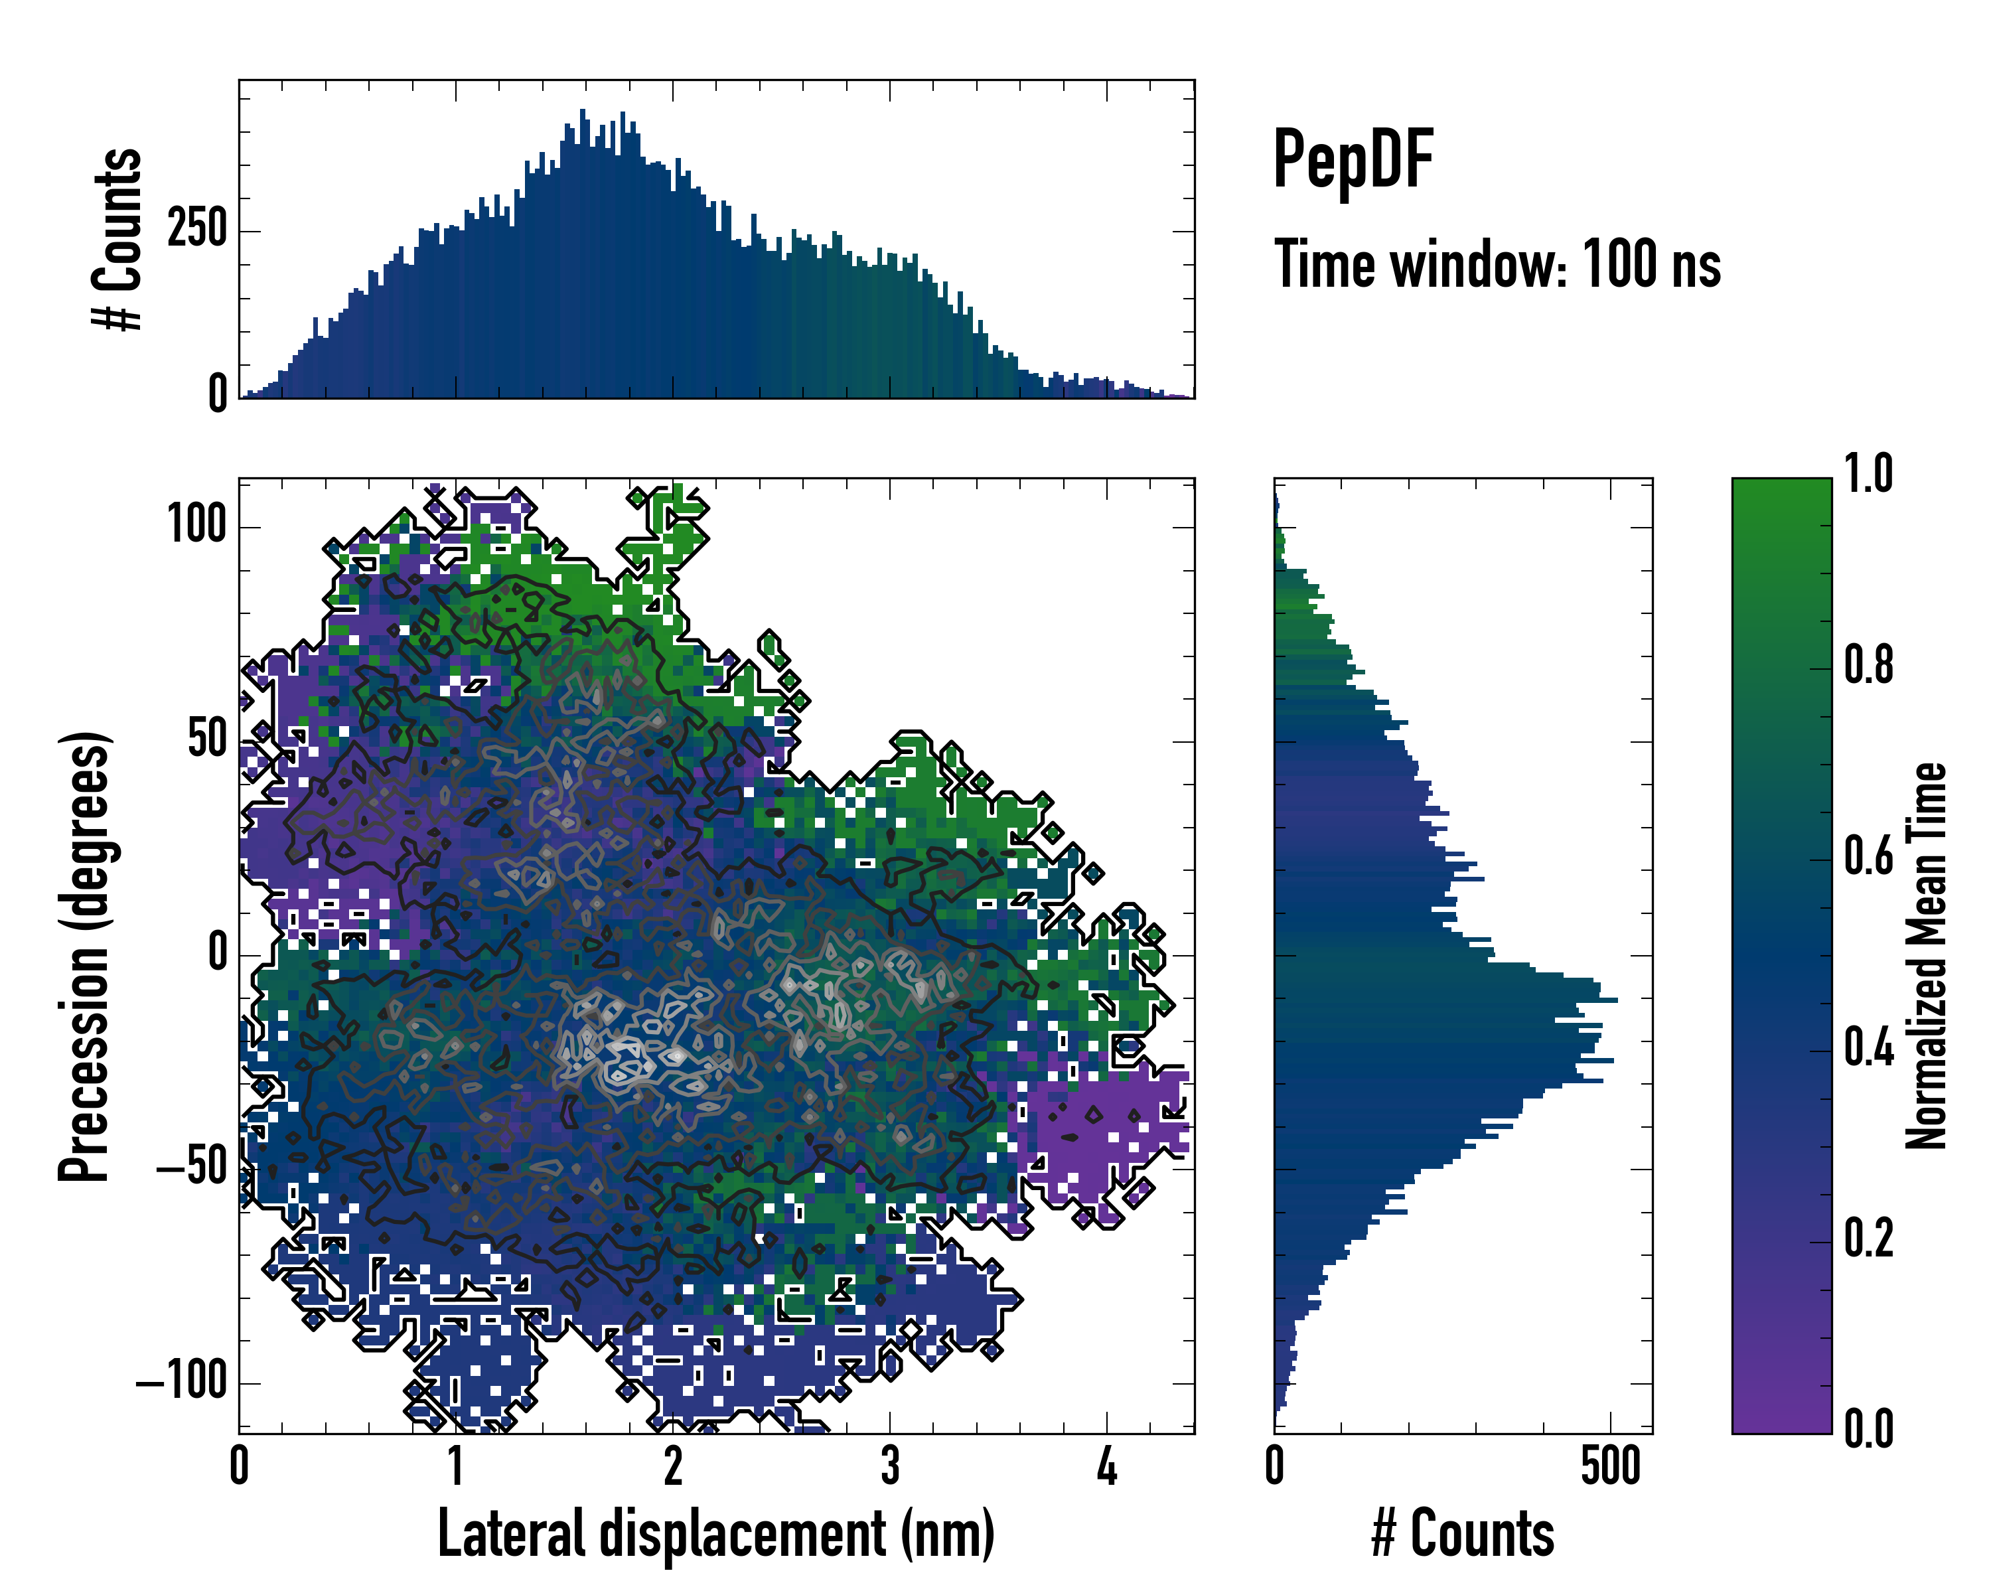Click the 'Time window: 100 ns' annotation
click(x=1497, y=264)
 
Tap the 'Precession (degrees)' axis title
click(x=85, y=956)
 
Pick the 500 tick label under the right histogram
click(x=1611, y=1466)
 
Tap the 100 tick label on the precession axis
click(x=196, y=526)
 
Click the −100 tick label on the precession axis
click(x=182, y=1383)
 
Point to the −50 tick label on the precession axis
click(x=192, y=1169)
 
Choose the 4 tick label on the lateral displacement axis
click(x=1106, y=1466)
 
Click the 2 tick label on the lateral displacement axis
click(x=673, y=1466)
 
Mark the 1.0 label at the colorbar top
click(x=1868, y=474)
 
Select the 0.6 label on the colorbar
click(x=1868, y=856)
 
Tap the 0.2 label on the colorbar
click(x=1868, y=1239)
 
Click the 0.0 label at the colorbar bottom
click(x=1868, y=1428)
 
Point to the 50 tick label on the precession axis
click(x=207, y=739)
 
